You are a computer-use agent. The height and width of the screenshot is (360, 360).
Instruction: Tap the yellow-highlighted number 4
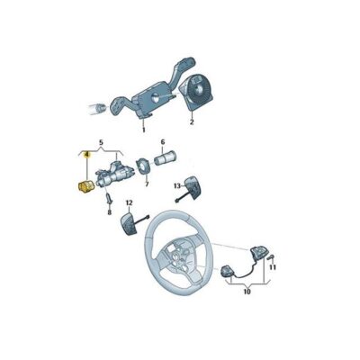tap(86, 154)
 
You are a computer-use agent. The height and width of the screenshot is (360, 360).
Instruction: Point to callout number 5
tap(101, 141)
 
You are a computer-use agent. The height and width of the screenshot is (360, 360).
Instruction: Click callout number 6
tap(163, 141)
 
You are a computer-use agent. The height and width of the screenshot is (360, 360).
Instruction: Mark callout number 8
tap(108, 212)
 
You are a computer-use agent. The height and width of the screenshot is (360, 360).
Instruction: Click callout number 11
tap(273, 268)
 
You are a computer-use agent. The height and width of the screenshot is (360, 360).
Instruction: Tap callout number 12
tap(129, 205)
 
